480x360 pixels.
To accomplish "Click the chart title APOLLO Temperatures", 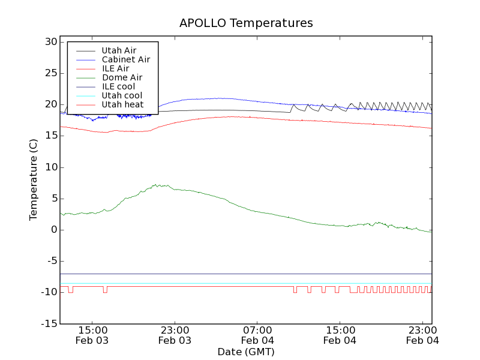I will point(246,23).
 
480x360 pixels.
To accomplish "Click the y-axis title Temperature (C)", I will point(34,180).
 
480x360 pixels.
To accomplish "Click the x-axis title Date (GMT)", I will point(246,352).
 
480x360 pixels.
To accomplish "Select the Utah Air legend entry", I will point(118,50).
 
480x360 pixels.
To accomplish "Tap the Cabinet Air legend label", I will point(125,59).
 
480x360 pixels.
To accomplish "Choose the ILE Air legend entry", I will point(115,68).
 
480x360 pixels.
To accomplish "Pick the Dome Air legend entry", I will point(122,77).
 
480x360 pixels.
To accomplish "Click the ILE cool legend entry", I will point(118,86).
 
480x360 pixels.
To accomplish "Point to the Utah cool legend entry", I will point(122,95).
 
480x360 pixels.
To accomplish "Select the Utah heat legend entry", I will point(122,104).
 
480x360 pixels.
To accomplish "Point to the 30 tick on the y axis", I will point(50,42).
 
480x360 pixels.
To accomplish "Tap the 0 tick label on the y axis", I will point(53,230).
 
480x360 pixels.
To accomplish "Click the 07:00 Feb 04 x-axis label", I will point(257,335).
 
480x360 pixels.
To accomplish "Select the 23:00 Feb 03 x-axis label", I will point(175,335).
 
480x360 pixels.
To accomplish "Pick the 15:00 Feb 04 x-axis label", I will point(340,335).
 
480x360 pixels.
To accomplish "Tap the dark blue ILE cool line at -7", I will point(240,274).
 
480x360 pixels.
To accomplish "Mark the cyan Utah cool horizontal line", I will point(240,283).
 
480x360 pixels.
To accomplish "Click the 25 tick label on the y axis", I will point(50,73).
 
